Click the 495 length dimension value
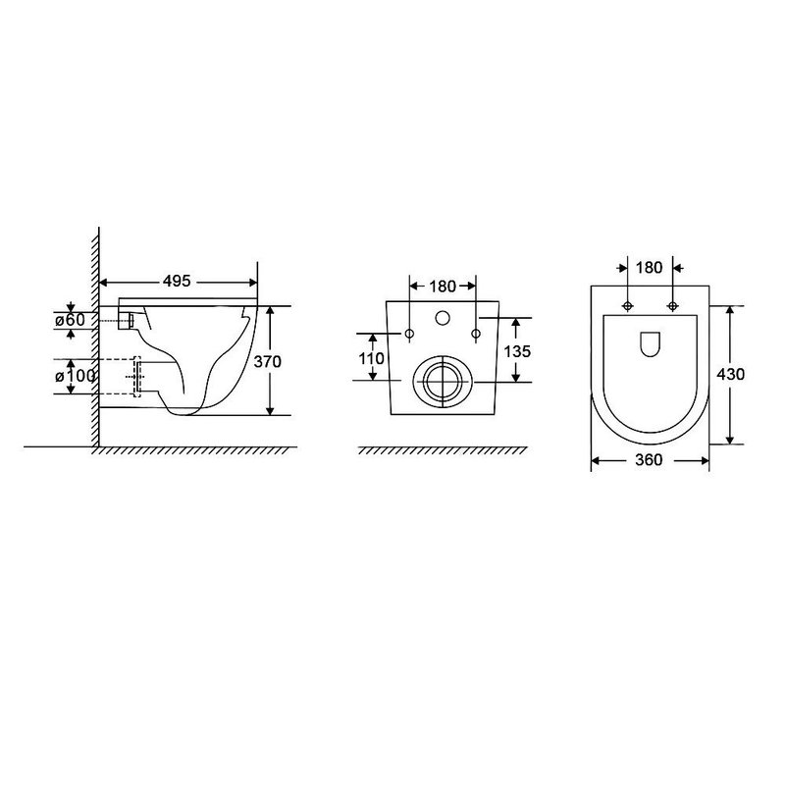177,282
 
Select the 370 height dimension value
267,361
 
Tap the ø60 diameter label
70,320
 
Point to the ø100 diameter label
76,376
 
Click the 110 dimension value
372,358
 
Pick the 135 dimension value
517,351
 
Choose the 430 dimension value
730,374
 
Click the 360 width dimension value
649,459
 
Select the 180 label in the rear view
443,287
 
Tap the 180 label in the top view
649,268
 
